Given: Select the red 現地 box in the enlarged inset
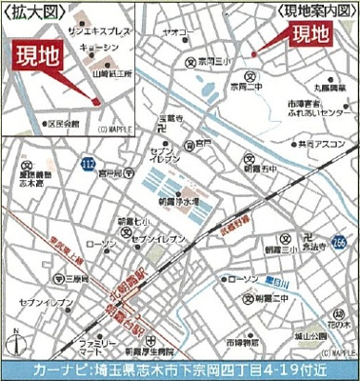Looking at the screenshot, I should click(34, 55).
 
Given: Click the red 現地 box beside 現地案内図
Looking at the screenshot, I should click(312, 37).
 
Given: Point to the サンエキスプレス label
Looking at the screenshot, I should click(92, 31).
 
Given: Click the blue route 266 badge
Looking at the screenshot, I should click(340, 243).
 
